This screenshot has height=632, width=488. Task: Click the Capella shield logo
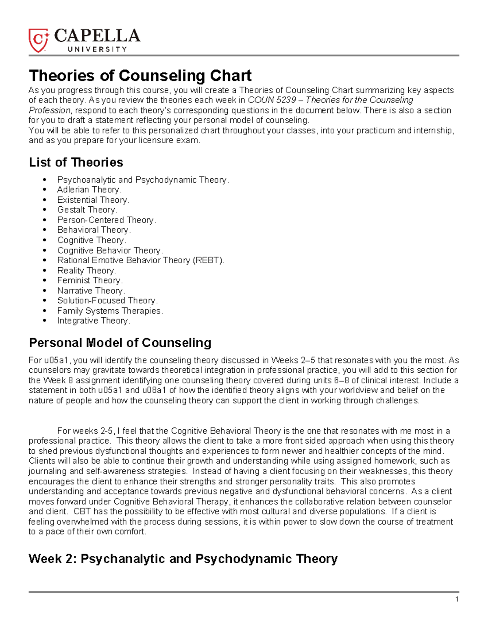point(39,40)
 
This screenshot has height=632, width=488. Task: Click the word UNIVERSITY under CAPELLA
point(97,49)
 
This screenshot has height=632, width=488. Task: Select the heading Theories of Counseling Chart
point(140,76)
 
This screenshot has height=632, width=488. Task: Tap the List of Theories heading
point(76,162)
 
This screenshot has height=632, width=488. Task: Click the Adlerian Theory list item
point(89,190)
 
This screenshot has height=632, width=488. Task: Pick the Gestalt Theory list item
point(87,210)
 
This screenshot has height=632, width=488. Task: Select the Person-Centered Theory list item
point(107,220)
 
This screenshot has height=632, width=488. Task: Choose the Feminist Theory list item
point(90,280)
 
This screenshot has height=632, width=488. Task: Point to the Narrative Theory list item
point(91,291)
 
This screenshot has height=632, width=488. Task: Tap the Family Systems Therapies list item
point(110,311)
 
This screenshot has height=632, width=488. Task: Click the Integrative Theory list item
point(94,321)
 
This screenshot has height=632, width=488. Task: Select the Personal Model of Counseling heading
point(120,343)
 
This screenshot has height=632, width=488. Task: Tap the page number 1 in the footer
point(457,599)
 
